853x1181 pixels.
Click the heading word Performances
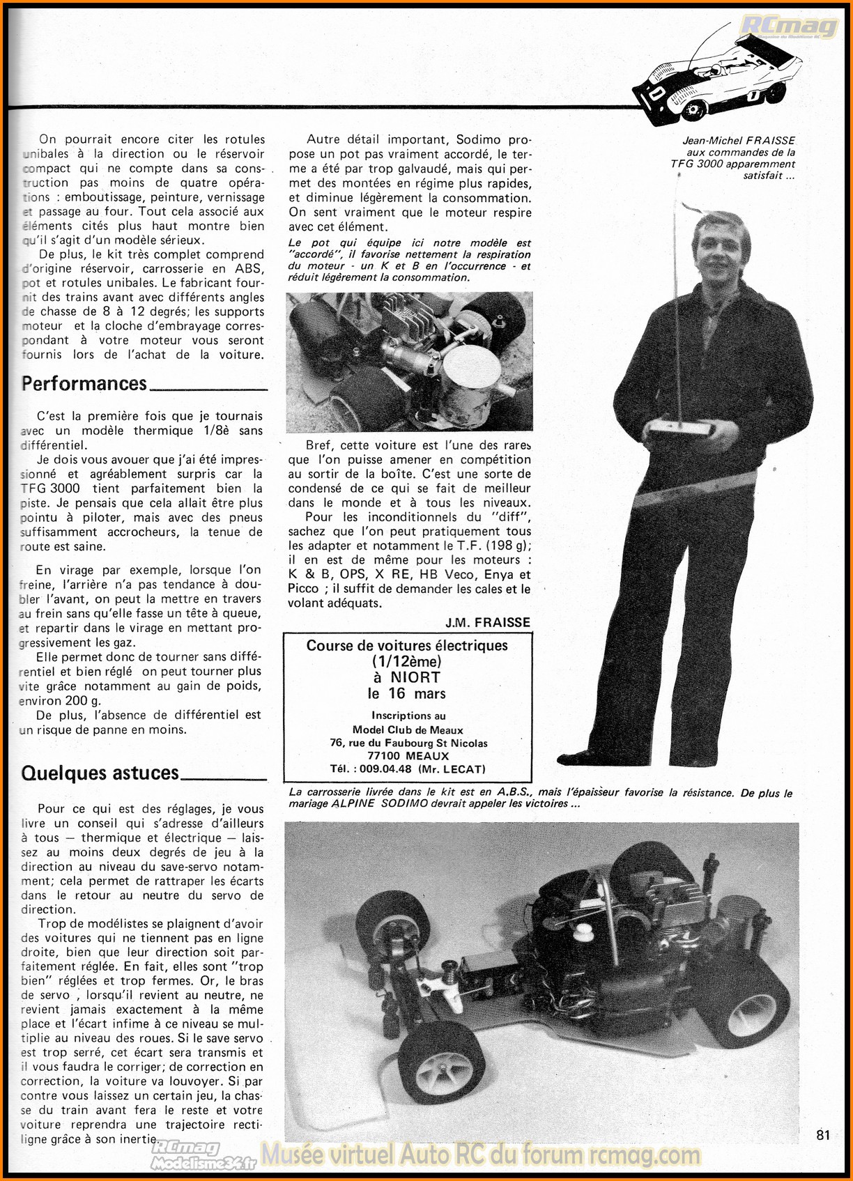(x=84, y=383)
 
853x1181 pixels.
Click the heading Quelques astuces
(x=100, y=773)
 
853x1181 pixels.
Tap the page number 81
(x=823, y=1135)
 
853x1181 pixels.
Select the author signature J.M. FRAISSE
(x=488, y=622)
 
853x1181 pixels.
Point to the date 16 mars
(x=417, y=693)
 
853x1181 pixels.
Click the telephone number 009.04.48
(x=387, y=769)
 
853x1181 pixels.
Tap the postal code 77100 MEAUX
(x=408, y=756)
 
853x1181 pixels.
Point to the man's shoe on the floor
(x=592, y=758)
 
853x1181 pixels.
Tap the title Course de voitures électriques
(x=407, y=646)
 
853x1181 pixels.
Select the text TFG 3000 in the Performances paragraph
(x=50, y=488)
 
